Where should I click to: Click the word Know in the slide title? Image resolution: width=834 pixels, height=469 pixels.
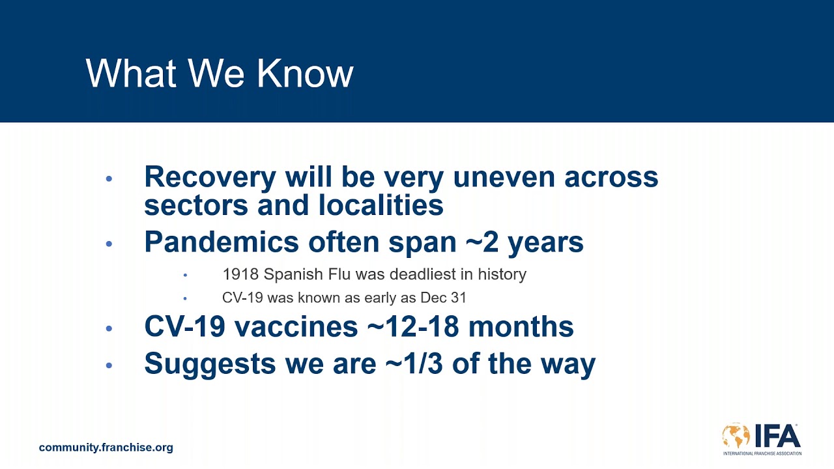305,74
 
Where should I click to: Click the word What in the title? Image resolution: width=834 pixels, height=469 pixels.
131,74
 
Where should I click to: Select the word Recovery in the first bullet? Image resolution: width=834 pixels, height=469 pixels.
210,178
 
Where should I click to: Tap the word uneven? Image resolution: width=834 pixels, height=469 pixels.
504,177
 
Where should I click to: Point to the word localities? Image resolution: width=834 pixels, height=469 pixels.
381,205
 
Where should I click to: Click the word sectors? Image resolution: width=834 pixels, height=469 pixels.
196,205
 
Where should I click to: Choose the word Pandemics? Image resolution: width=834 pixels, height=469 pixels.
222,242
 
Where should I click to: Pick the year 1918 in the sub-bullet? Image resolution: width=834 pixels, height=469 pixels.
240,274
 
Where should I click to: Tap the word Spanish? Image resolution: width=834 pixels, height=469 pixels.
293,275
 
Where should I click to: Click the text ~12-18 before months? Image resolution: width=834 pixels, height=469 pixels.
413,327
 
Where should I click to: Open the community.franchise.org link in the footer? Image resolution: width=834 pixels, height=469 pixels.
106,448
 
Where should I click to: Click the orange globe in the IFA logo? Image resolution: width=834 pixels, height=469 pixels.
736,435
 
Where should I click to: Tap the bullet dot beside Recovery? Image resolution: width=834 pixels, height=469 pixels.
109,178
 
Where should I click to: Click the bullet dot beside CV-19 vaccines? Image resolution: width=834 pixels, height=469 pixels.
109,328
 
